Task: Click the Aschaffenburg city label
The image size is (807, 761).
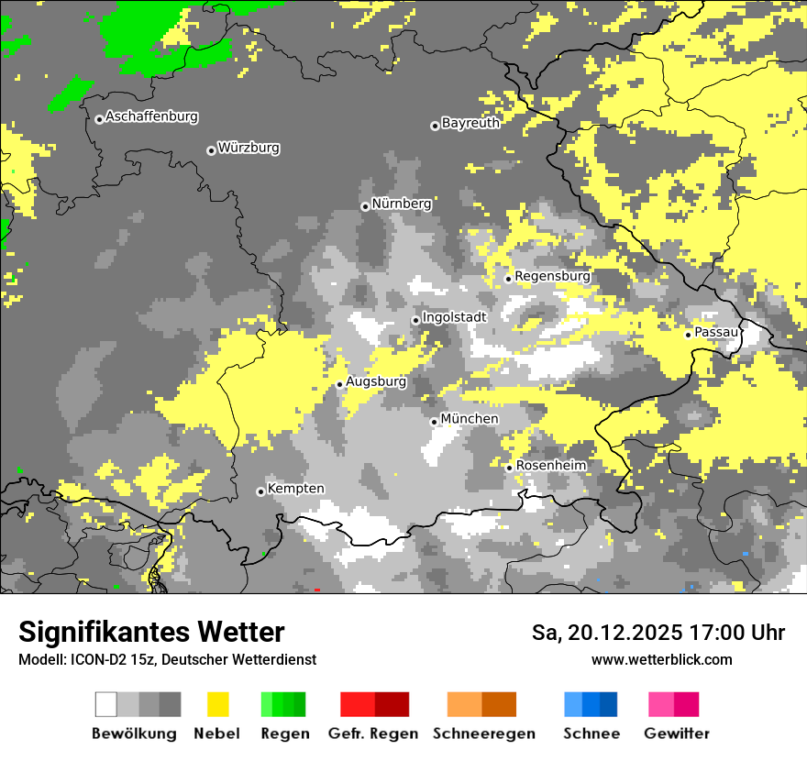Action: (151, 117)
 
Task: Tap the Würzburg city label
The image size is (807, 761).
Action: (249, 149)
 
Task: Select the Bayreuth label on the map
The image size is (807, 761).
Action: (470, 123)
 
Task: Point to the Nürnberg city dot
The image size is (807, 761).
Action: (365, 206)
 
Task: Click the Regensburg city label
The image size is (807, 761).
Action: (552, 276)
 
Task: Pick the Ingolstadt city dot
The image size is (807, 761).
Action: (415, 320)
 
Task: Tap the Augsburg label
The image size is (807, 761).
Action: (376, 381)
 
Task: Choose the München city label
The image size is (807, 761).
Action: (470, 419)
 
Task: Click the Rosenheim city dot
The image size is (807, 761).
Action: (509, 468)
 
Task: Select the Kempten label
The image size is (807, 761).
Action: (296, 489)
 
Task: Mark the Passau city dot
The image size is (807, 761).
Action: (688, 335)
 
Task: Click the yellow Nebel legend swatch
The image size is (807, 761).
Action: (217, 704)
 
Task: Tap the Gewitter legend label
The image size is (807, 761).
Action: (677, 733)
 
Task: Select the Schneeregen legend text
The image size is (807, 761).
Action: (484, 733)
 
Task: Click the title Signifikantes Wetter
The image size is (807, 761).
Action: (151, 632)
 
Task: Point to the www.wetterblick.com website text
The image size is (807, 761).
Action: (661, 659)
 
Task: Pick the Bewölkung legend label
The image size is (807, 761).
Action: (134, 733)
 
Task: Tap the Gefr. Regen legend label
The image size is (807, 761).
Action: (373, 733)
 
